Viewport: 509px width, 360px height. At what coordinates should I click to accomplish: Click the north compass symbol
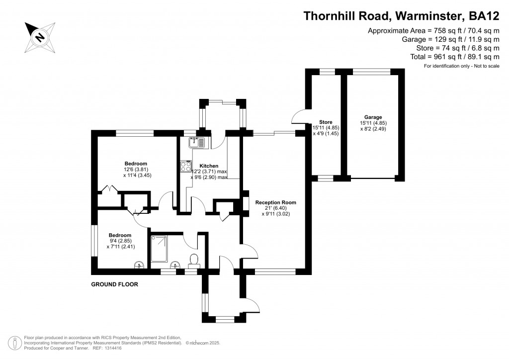[x=40, y=37]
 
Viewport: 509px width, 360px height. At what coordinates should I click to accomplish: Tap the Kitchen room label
[x=209, y=166]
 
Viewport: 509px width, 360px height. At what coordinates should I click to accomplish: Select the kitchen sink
[x=197, y=143]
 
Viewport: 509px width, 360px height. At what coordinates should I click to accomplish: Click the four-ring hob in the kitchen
[x=186, y=167]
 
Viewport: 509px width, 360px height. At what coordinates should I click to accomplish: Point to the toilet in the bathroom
[x=194, y=261]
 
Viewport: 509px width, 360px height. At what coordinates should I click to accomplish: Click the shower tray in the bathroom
[x=159, y=249]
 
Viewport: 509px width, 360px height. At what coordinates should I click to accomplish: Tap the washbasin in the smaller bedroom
[x=139, y=265]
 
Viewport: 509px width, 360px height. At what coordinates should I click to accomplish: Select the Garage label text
[x=373, y=117]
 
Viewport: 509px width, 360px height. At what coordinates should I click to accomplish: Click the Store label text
[x=326, y=122]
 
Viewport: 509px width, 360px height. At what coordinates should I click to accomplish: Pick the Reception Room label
[x=275, y=202]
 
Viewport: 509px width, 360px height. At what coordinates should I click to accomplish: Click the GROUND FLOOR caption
[x=115, y=284]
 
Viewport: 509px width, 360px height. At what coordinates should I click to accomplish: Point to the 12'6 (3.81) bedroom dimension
[x=134, y=169]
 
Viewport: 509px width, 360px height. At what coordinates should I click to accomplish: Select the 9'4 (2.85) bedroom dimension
[x=120, y=241]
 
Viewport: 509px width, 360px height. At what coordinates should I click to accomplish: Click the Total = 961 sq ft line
[x=455, y=57]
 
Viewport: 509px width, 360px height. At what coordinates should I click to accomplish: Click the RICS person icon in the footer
[x=14, y=343]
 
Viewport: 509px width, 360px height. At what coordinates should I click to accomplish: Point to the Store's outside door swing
[x=299, y=116]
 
